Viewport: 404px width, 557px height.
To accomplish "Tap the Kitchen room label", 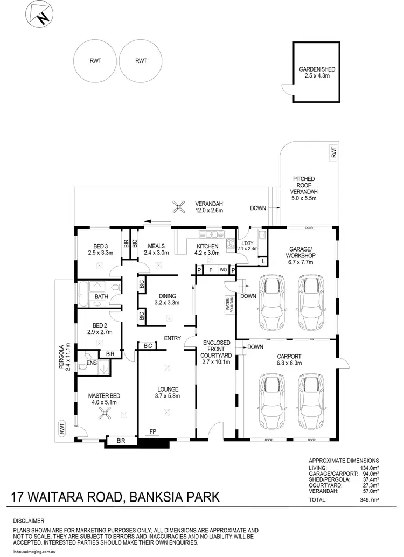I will click(x=206, y=249).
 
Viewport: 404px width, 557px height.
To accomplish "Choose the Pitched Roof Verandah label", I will click(x=304, y=189).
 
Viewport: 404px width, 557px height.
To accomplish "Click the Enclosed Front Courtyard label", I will click(x=217, y=352).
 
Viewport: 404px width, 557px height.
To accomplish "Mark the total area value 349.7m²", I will click(x=370, y=500).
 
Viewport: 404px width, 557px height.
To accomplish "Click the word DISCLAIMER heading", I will click(x=30, y=521).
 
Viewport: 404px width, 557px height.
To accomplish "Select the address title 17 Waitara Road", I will click(x=115, y=496).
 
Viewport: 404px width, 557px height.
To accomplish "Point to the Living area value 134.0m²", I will click(x=370, y=468).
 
